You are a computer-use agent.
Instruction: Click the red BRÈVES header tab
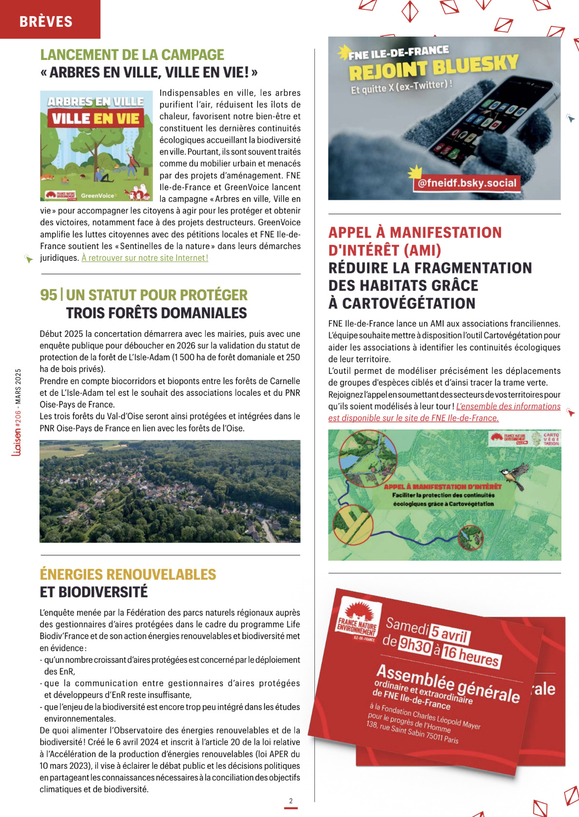[46, 21]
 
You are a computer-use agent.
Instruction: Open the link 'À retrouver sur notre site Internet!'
[145, 258]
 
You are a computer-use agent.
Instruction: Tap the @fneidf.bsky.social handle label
[467, 183]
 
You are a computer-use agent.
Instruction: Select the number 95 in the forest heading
[48, 295]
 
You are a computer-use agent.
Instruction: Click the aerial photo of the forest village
[170, 491]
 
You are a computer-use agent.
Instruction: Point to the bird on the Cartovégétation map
[516, 474]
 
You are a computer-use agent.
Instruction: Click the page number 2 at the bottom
[291, 800]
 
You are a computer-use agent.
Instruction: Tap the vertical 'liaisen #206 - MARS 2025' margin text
[18, 412]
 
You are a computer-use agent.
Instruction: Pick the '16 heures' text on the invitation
[470, 655]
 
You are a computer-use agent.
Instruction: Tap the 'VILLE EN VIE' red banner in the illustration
[96, 118]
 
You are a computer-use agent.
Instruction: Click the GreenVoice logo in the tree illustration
[97, 195]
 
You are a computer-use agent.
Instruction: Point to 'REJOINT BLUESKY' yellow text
[433, 67]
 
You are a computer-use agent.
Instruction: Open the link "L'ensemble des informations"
[508, 407]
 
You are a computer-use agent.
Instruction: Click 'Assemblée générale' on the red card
[447, 682]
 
